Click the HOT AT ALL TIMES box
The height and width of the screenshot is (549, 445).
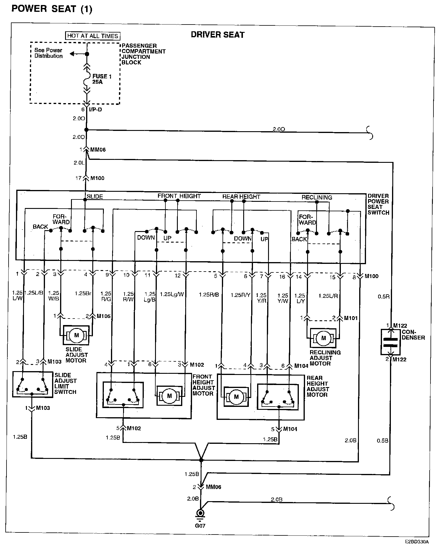tap(93, 36)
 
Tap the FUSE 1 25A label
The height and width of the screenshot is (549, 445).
tap(101, 79)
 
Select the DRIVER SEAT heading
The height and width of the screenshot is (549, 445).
tap(217, 35)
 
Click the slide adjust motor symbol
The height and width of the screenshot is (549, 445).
tap(76, 335)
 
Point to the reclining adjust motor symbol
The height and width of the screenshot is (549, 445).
tap(323, 338)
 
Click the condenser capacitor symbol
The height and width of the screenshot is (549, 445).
tap(391, 342)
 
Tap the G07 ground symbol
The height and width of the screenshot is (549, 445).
tap(201, 513)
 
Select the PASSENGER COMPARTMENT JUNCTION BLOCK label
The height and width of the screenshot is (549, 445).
tap(143, 54)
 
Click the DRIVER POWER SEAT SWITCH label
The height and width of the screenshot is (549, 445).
tap(378, 204)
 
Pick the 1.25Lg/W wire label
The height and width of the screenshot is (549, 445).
tap(172, 294)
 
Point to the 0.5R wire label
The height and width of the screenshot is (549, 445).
tap(383, 296)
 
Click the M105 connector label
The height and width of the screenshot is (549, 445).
tap(104, 316)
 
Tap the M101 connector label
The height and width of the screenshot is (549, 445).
tap(351, 318)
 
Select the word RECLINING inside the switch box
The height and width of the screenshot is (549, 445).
tap(317, 197)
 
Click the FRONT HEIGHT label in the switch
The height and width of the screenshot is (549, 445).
tap(179, 196)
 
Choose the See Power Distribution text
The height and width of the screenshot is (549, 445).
tap(49, 53)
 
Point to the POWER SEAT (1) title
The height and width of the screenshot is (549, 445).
tap(52, 9)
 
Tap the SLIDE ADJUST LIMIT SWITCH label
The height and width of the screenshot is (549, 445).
tap(65, 384)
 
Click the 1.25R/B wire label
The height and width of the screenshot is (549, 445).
tap(209, 295)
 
